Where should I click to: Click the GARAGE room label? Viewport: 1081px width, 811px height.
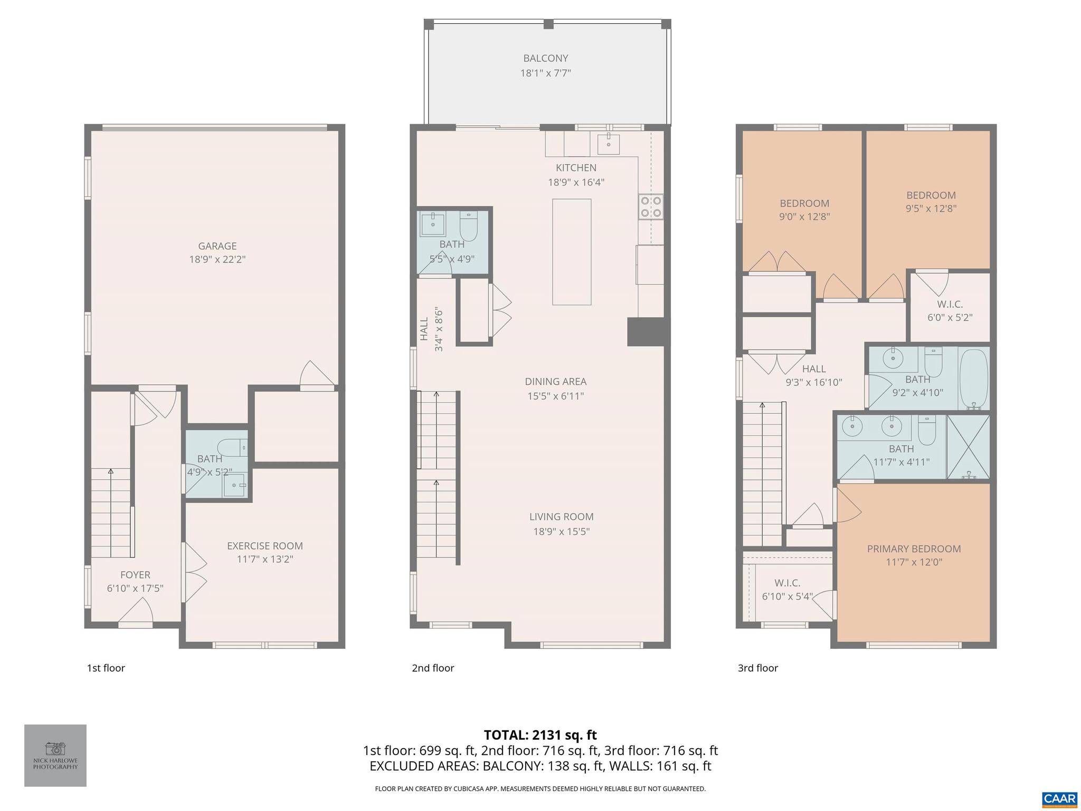217,246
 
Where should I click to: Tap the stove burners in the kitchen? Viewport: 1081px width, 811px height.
650,207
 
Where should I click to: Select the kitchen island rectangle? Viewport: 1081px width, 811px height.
571,252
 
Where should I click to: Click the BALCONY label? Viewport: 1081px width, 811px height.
545,59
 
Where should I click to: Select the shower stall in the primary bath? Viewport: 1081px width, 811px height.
968,447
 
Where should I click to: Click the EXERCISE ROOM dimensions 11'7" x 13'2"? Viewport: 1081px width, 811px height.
264,559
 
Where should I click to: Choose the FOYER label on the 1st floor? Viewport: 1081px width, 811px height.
135,575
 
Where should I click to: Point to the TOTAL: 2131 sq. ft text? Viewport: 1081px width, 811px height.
540,734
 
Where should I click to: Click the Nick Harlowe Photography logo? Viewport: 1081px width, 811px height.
55,755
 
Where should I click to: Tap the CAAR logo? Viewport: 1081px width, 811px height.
1059,798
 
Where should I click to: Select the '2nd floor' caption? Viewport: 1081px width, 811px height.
433,668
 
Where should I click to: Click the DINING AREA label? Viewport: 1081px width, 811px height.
555,381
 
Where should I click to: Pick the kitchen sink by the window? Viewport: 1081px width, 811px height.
609,142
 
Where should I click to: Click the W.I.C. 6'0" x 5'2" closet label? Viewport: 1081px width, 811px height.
950,305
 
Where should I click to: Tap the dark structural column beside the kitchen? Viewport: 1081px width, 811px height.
645,332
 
